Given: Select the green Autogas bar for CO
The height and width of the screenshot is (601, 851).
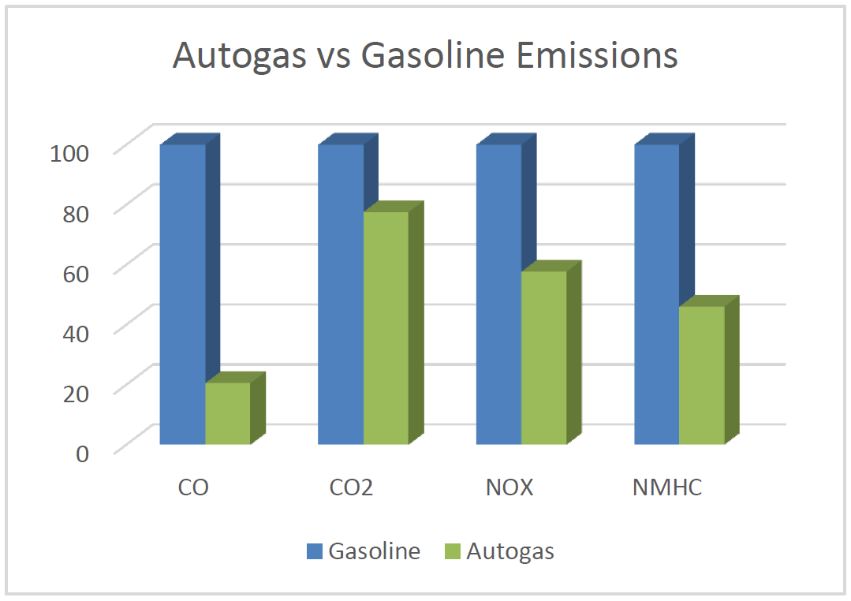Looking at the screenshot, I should coord(228,413).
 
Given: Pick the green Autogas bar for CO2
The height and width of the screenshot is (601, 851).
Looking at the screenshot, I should coord(386,328).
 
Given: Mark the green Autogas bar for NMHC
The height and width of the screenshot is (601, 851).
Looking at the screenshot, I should coord(702,375).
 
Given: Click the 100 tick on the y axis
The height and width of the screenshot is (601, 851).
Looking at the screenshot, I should coord(71,151).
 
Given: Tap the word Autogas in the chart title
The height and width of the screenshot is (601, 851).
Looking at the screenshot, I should coord(243,57).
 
